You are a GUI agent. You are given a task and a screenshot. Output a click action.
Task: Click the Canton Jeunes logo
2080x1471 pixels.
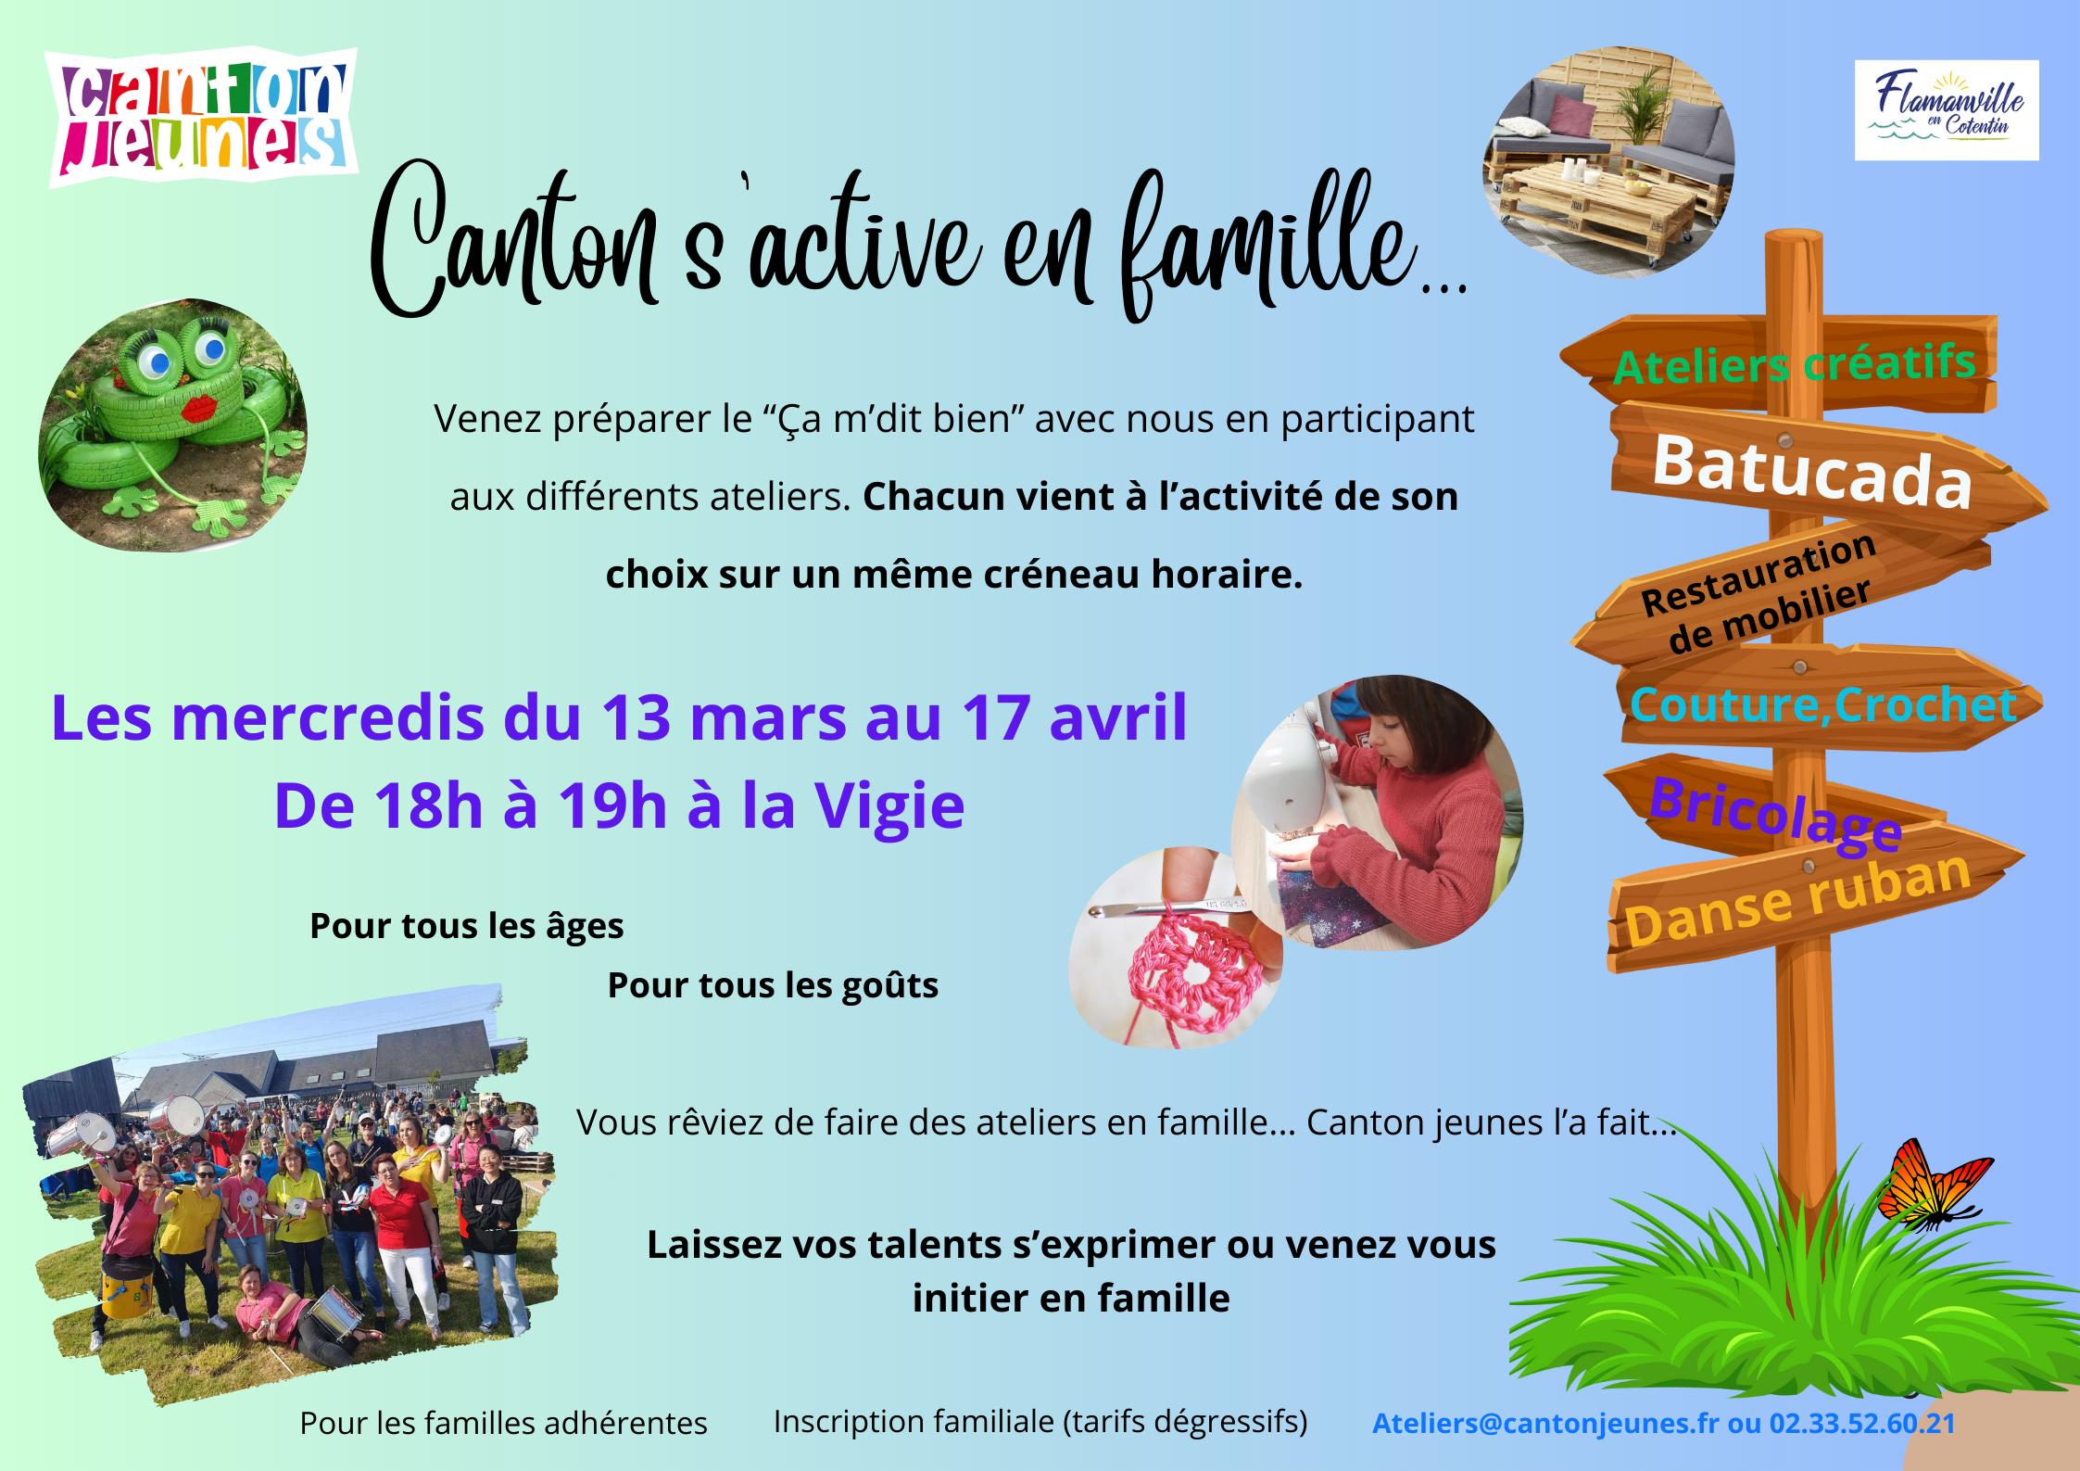coord(203,116)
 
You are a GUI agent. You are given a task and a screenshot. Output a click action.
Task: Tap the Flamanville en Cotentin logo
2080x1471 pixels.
coord(1947,110)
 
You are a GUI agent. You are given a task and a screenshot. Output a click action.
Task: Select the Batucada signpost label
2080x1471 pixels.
coord(1813,472)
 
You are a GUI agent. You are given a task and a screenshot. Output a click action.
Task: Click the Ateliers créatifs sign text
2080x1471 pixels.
coord(1795,363)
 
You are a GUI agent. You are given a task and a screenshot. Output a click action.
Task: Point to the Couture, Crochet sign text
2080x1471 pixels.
coord(1822,705)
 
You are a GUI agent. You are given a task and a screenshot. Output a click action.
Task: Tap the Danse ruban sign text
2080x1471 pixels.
coord(1797,898)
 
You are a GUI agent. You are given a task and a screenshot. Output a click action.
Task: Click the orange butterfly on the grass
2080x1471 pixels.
coord(1932,1186)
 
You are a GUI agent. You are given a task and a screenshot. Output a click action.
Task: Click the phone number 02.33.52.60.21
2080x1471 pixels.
coord(1862,1423)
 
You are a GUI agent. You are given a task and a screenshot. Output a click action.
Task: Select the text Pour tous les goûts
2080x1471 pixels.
coord(773,986)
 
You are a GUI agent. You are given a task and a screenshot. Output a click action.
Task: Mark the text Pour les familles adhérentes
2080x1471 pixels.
coord(503,1423)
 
